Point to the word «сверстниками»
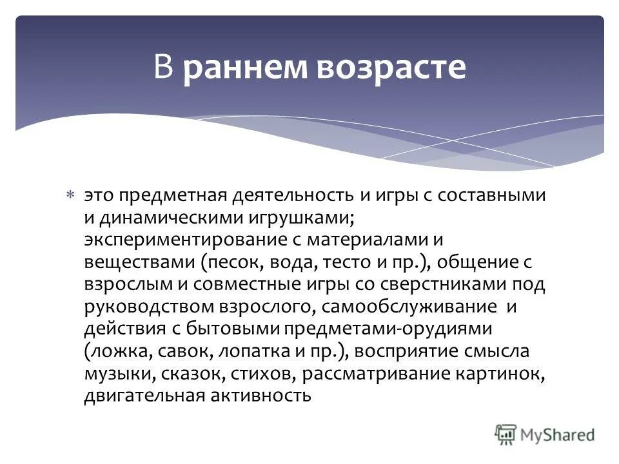click(444, 284)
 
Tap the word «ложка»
click(116, 351)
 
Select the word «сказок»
click(174, 374)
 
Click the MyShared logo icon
click(506, 434)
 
